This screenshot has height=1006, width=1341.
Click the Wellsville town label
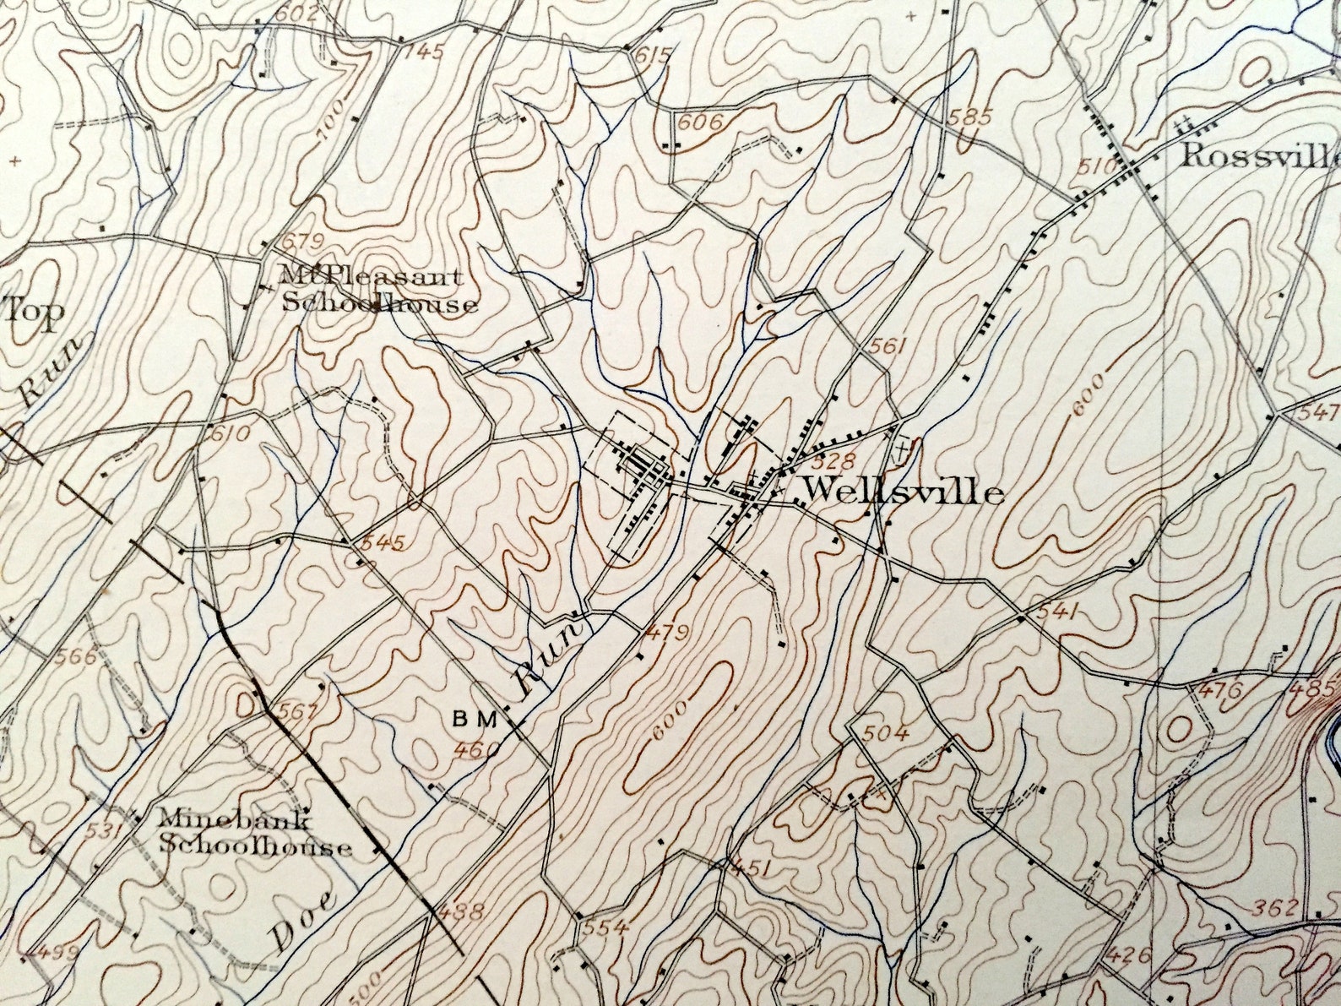[x=901, y=492]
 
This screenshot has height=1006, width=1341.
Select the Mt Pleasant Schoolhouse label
[x=378, y=290]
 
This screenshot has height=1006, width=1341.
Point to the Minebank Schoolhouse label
[x=255, y=832]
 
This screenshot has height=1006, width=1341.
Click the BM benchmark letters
[x=478, y=719]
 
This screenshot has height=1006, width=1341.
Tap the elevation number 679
[x=304, y=242]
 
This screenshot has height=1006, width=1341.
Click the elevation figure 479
[x=666, y=633]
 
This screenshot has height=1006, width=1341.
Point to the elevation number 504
[x=887, y=733]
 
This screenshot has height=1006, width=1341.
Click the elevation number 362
[x=1274, y=908]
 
